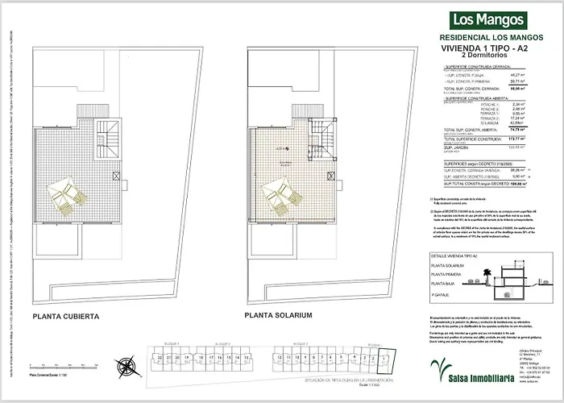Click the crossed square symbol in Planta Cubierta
tap(117, 176)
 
